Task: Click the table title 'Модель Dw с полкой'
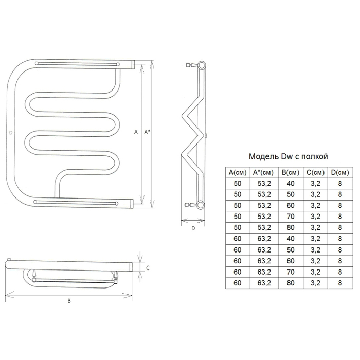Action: [x=289, y=156]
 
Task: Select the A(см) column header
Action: [x=238, y=172]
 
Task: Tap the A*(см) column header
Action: [x=264, y=172]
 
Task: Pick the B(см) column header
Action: [x=291, y=172]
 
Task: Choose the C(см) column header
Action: [x=315, y=172]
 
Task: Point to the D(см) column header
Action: [x=340, y=172]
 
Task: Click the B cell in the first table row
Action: [x=291, y=184]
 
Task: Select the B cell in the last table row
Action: [x=291, y=283]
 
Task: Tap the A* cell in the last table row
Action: [x=264, y=283]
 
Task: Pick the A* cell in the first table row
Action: [x=264, y=184]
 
